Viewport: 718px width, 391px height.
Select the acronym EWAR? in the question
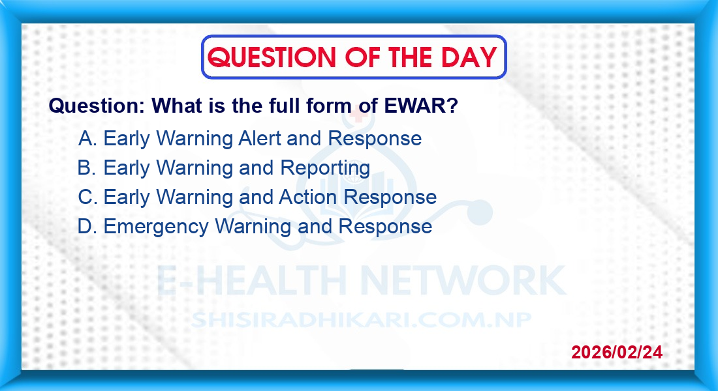421,106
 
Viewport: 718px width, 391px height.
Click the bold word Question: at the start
97,106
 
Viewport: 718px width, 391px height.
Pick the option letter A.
87,138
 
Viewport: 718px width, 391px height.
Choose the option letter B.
87,167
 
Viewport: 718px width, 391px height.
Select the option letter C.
87,197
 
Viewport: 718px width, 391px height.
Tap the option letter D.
87,226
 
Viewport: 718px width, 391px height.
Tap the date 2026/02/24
617,352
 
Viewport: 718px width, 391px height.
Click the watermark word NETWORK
463,280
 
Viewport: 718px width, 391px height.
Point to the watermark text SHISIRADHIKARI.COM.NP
362,320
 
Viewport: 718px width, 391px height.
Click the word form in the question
329,106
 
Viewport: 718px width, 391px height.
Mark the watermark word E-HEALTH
251,280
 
